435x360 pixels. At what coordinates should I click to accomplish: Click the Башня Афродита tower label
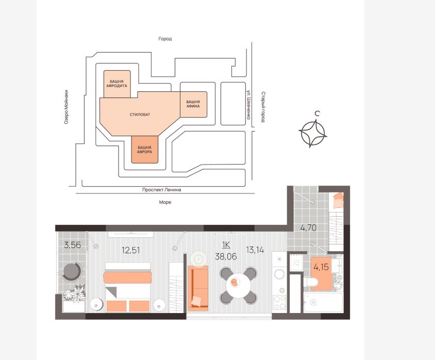pos(117,84)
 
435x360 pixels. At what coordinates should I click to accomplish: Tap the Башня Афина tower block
pos(193,104)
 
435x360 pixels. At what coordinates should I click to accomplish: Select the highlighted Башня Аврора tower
pos(144,150)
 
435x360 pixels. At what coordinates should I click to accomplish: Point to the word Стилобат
pos(140,114)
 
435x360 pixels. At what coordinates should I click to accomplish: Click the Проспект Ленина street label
pos(162,190)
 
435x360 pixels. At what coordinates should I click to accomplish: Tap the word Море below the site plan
pos(165,202)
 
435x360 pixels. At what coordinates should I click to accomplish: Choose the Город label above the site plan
pos(165,39)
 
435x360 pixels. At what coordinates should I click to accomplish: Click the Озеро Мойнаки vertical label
pos(66,107)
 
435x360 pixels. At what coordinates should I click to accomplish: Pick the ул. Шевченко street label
pos(249,105)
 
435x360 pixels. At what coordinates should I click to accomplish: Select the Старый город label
pos(263,107)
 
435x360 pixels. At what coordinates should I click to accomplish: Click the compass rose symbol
pos(313,133)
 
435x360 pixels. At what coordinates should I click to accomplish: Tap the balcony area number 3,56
pos(72,245)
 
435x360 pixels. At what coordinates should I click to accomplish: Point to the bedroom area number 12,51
pos(131,250)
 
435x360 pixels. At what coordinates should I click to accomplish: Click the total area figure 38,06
pos(226,256)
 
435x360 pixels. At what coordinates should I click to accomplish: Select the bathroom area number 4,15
pos(321,267)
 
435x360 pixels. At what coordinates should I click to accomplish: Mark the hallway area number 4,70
pos(309,228)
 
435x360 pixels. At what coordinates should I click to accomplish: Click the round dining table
pos(238,285)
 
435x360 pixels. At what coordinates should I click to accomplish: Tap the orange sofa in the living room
pos(198,288)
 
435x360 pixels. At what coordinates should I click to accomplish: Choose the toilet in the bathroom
pos(311,282)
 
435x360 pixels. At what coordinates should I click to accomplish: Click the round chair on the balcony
pos(72,271)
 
